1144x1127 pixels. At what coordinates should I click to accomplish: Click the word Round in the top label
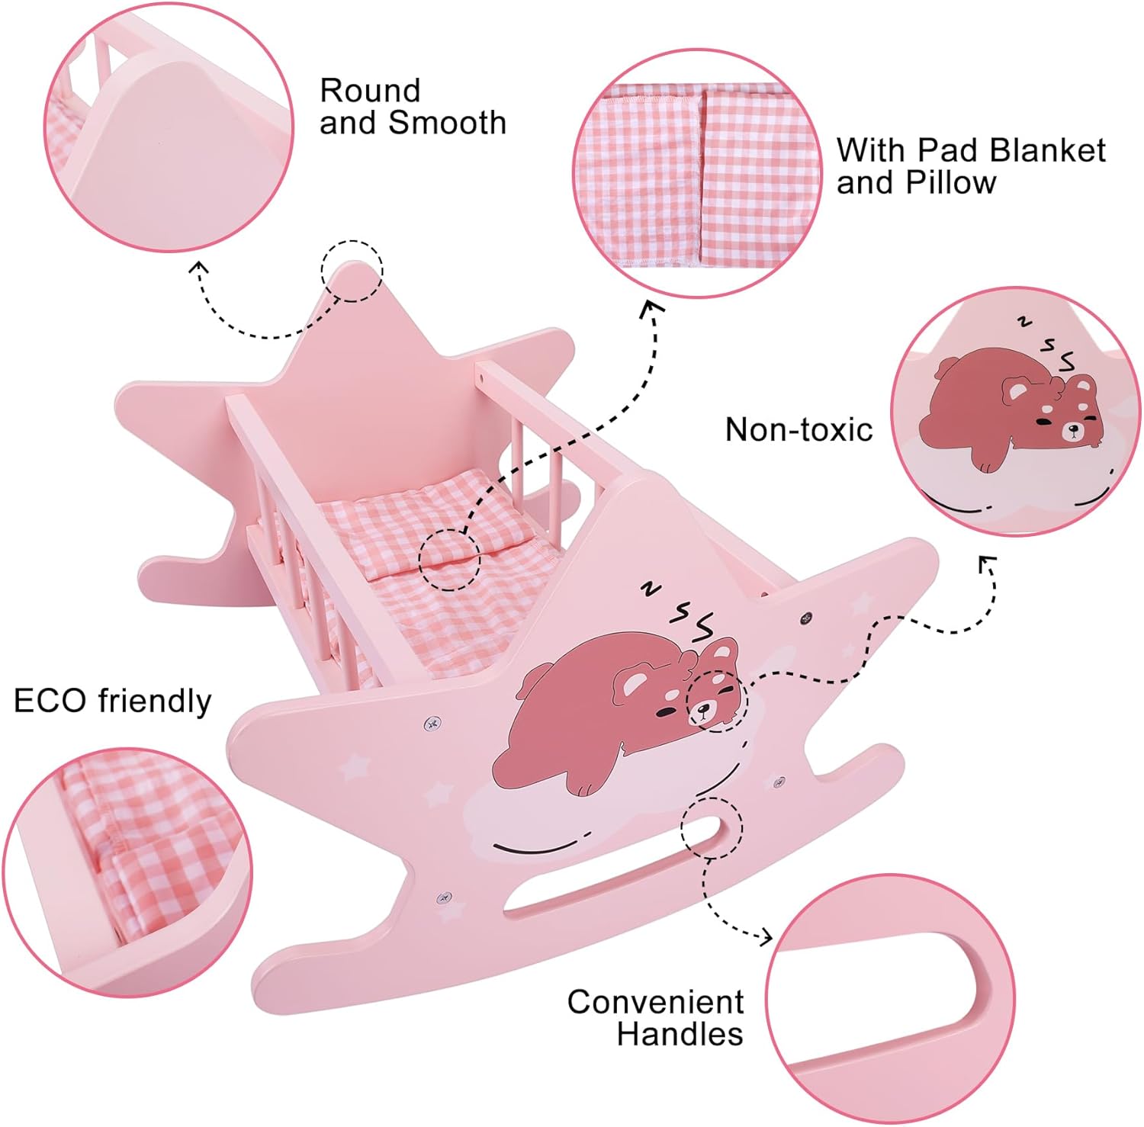point(370,91)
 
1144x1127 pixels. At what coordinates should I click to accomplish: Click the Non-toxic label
point(799,430)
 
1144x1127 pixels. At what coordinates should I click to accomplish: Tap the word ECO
point(50,701)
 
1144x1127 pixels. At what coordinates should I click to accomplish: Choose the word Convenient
point(656,1002)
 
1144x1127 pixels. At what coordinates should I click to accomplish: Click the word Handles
point(680,1034)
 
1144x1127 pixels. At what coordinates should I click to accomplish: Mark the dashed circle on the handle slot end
point(712,828)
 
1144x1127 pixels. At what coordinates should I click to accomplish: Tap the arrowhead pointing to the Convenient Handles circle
point(764,937)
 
